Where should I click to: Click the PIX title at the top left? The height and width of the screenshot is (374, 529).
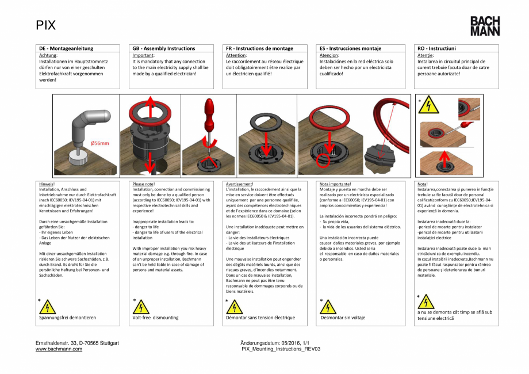coord(46,25)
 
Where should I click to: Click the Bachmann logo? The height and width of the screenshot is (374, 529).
coord(485,26)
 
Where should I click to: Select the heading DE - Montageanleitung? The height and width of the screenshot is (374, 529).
coord(66,48)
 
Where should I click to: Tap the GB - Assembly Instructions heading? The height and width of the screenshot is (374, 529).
coord(164,48)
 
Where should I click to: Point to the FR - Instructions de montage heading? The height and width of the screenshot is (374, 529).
coord(259,48)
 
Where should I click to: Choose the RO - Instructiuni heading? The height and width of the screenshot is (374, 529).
coord(436,48)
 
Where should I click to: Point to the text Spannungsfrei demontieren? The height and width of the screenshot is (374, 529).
coord(67,317)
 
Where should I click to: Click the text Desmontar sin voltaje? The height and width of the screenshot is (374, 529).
coord(343,317)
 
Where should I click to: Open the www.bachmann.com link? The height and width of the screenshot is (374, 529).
coord(59,349)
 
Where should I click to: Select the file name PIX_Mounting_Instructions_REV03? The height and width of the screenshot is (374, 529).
coord(281,349)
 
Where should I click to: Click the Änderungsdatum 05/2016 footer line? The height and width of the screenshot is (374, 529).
coord(278,344)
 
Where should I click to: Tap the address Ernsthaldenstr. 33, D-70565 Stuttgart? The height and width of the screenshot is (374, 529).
coord(77,344)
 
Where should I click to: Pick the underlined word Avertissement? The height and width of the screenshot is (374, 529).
coord(240,184)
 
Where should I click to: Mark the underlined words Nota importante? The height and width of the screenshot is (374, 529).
coord(335,184)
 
